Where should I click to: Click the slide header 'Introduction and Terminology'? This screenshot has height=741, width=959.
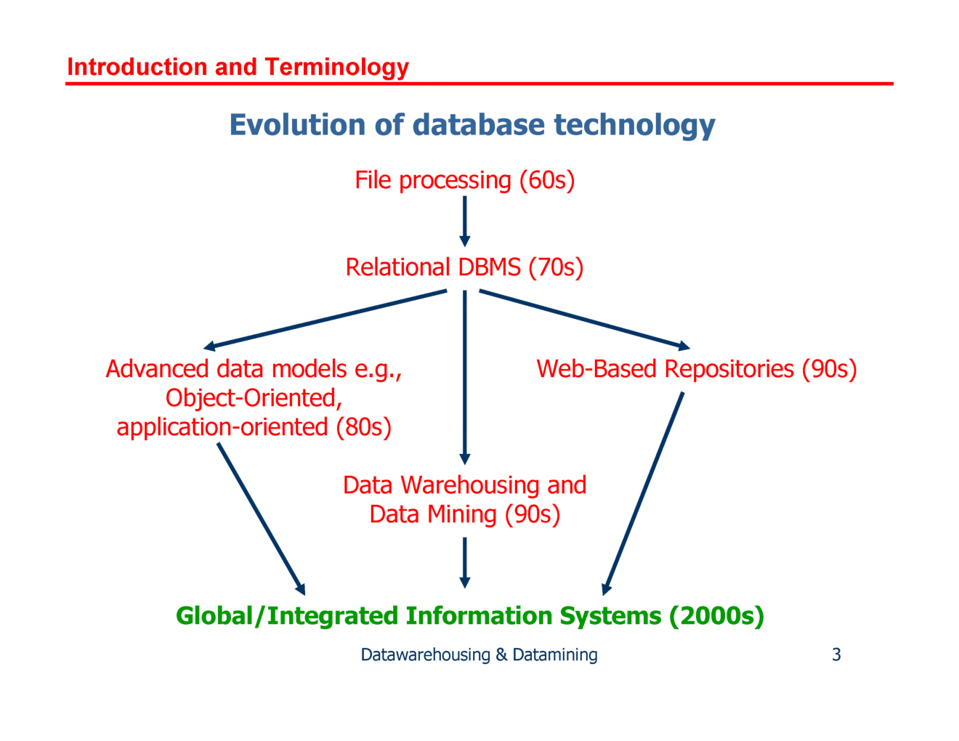(x=238, y=67)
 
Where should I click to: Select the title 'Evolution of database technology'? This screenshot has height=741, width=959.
(x=472, y=125)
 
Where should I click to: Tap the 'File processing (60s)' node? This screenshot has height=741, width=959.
(x=464, y=180)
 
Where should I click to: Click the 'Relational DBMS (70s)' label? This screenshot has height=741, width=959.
(x=464, y=267)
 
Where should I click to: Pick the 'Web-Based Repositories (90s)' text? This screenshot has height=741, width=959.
(x=696, y=369)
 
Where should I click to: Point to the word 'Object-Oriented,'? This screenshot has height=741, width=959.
(x=254, y=398)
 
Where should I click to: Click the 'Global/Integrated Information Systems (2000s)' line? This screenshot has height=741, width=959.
(x=470, y=616)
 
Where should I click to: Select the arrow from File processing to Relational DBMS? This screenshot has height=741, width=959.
(x=465, y=220)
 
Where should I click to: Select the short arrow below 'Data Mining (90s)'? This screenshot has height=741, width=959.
(x=465, y=562)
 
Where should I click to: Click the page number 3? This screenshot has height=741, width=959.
(x=836, y=655)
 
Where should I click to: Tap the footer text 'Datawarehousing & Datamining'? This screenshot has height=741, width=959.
(x=479, y=655)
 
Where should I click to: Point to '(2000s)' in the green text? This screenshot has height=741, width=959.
(x=716, y=616)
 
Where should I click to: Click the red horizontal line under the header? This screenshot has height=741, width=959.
(x=479, y=84)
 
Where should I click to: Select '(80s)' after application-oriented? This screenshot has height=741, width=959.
(x=363, y=427)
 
